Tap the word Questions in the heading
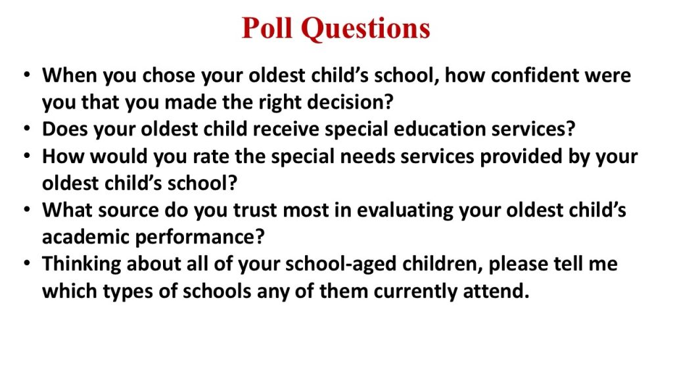pyautogui.click(x=365, y=29)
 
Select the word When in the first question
pyautogui.click(x=70, y=75)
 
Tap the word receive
pyautogui.click(x=286, y=129)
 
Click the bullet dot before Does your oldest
pyautogui.click(x=27, y=128)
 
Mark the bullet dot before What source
pyautogui.click(x=27, y=210)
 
